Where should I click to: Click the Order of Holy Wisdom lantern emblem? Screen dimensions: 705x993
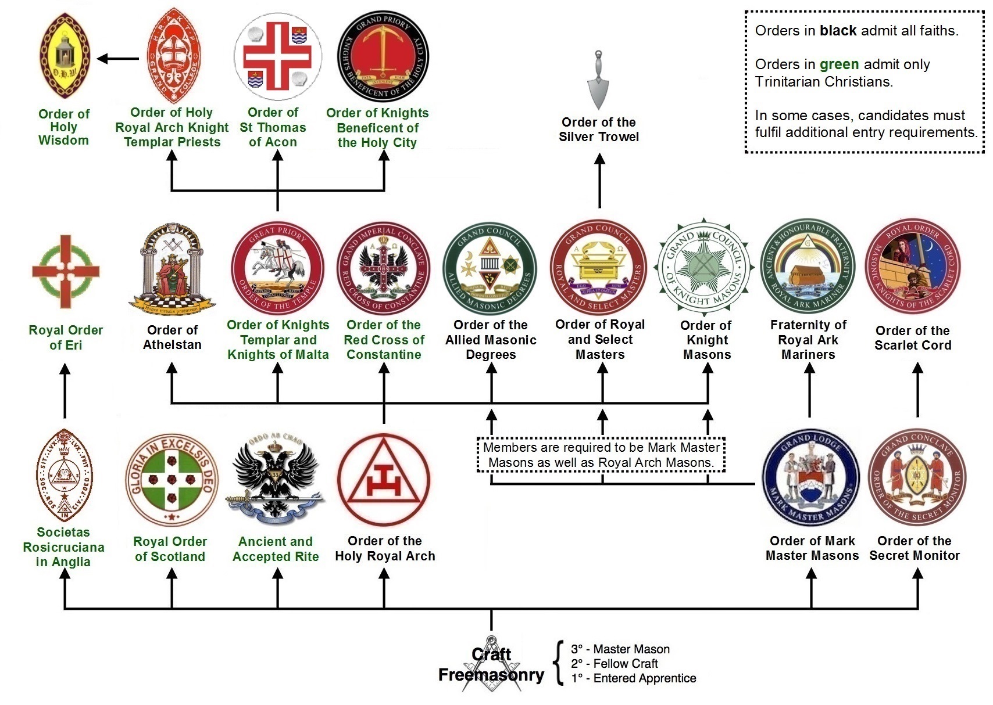63,56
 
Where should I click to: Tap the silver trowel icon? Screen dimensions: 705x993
599,78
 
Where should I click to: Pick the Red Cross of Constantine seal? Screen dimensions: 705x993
384,268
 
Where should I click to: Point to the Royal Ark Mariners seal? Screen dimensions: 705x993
808,267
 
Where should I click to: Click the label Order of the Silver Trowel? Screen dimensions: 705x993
599,130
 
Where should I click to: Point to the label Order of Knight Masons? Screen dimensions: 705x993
707,340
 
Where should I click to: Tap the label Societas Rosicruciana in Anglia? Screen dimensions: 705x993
63,546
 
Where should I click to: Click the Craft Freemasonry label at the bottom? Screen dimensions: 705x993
491,666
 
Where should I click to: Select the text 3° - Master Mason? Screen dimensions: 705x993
620,649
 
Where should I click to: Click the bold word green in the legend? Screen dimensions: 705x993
839,64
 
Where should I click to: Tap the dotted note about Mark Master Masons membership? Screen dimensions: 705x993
601,455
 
